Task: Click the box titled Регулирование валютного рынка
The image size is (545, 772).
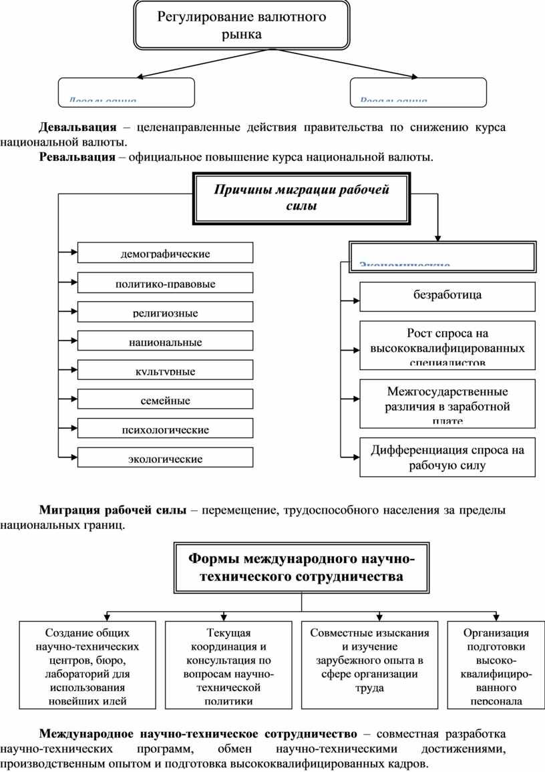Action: [x=242, y=26]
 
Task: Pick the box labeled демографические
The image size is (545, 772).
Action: [x=166, y=253]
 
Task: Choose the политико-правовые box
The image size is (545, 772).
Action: [x=166, y=283]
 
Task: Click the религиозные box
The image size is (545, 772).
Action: [x=166, y=312]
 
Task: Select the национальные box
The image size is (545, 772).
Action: [x=166, y=341]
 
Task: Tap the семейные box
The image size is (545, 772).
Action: [x=166, y=399]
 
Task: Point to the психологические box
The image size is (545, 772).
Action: [x=166, y=428]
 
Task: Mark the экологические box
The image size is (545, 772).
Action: [x=166, y=457]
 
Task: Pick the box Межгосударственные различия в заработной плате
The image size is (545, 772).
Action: [x=447, y=403]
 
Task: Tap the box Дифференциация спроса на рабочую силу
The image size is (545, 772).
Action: [x=447, y=457]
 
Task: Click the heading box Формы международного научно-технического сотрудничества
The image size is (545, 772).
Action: [x=302, y=568]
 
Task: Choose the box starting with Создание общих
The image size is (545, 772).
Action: [x=87, y=665]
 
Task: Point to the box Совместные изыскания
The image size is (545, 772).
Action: [x=370, y=665]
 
